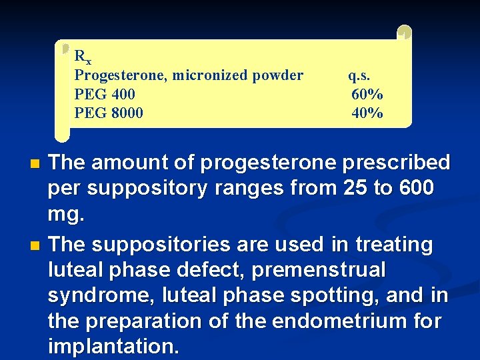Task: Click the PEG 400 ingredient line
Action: tap(105, 94)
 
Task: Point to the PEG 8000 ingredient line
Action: tap(109, 113)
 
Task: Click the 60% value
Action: tap(367, 94)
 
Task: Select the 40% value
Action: tap(367, 113)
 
